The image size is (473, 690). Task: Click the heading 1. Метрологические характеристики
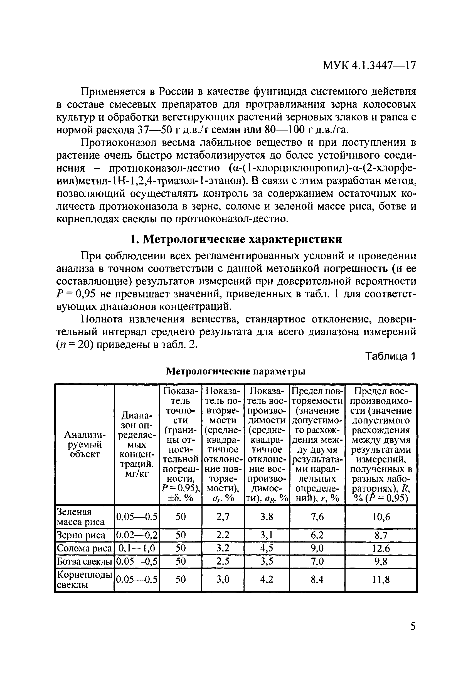(236, 239)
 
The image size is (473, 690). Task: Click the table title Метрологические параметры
(236, 371)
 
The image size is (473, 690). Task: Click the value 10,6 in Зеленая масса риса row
(381, 517)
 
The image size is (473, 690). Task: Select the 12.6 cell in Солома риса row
(381, 548)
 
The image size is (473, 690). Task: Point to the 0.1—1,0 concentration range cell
(137, 548)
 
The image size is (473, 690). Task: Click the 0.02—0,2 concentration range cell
(137, 535)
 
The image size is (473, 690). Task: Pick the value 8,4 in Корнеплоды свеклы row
(317, 580)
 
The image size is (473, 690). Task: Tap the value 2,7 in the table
(223, 517)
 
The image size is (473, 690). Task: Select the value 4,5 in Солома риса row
(267, 548)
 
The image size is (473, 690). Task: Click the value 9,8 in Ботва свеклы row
(381, 561)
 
